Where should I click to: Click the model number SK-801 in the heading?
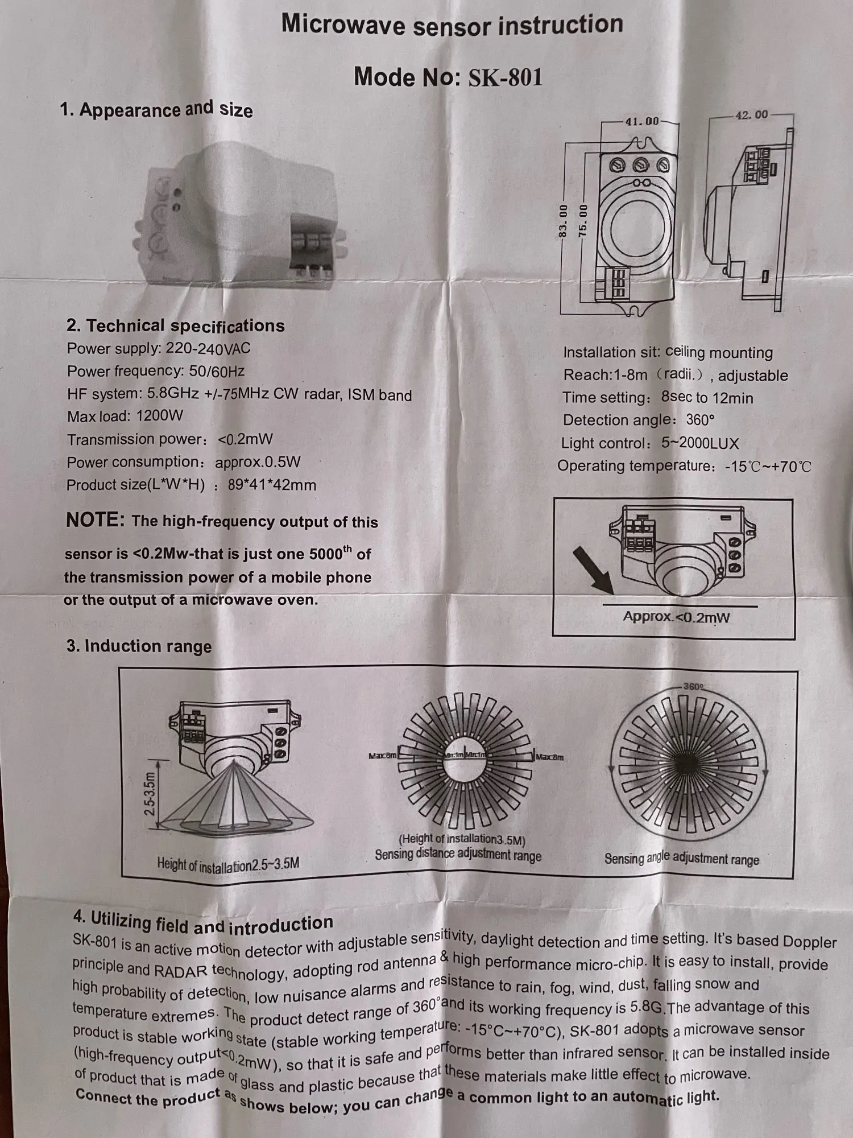tap(505, 77)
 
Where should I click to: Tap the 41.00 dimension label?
tap(641, 121)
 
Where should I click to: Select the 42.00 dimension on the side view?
tap(751, 115)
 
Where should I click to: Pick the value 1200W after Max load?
tap(160, 417)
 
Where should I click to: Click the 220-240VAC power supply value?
tap(208, 348)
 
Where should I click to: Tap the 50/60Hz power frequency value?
tap(217, 372)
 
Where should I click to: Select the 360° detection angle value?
tap(700, 420)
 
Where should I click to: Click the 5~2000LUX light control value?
tap(700, 443)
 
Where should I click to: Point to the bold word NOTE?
tap(95, 520)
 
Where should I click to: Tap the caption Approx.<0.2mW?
tap(676, 617)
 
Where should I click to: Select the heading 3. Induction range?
tap(139, 646)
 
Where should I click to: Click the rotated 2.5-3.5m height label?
tap(150, 793)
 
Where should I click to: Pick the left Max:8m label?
tap(382, 756)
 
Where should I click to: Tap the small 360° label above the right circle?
tap(693, 687)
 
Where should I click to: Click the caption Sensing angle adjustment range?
tap(681, 859)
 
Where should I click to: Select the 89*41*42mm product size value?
tap(272, 485)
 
